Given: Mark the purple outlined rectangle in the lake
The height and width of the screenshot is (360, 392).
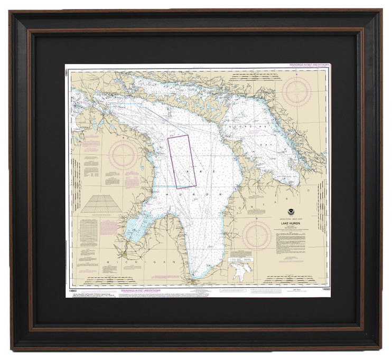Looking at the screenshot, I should pos(182,162).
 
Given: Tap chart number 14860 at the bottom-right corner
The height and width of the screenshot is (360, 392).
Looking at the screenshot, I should pos(322,289).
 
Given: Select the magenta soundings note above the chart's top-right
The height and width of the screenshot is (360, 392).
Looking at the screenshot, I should pos(309,64).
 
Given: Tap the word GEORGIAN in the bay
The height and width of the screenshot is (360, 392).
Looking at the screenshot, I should pos(240,127).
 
